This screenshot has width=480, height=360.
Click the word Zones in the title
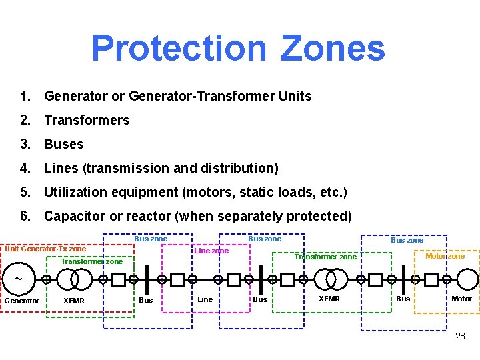pos(333,48)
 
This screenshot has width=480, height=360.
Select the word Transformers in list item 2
pos(87,120)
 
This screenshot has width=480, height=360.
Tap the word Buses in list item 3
pos(64,144)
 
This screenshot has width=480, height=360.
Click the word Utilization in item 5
pos(78,192)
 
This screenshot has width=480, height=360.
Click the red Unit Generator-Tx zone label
pos(45,249)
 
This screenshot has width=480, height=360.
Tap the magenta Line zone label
pos(211,251)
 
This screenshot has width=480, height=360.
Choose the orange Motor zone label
pos(445,257)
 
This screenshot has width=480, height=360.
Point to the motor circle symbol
pos(467,279)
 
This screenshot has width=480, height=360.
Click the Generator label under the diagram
pos(22,301)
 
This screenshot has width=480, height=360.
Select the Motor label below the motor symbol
pos(461,299)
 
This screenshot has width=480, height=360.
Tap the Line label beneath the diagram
pos(205,299)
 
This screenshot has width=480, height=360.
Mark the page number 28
pos(460,336)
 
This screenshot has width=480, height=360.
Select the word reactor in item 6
pos(167,216)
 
